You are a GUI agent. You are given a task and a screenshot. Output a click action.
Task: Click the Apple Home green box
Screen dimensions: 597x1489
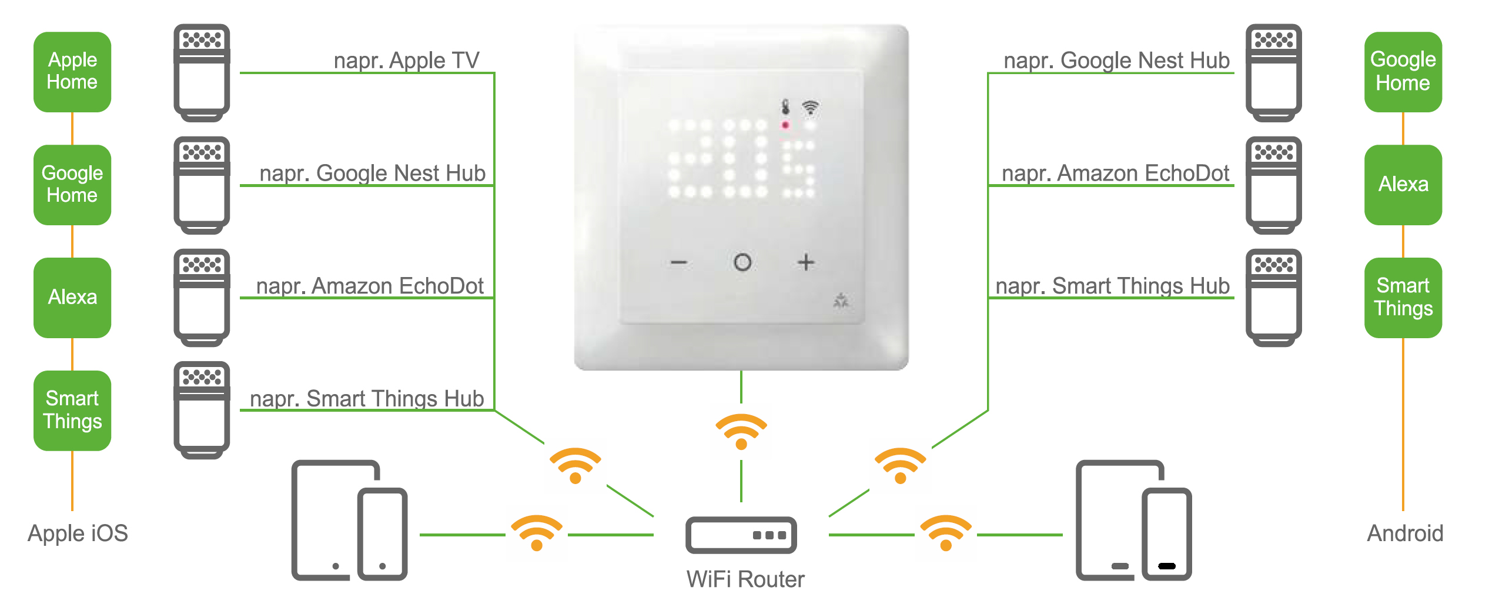pos(72,72)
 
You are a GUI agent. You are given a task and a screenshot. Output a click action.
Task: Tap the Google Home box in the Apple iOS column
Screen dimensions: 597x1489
pos(72,185)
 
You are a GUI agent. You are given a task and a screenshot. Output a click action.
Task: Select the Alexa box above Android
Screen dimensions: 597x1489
pos(1403,185)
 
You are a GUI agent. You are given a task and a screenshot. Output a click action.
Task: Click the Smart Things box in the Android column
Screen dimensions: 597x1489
pos(1403,298)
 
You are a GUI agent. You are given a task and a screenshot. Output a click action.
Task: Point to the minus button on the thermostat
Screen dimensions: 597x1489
pos(679,262)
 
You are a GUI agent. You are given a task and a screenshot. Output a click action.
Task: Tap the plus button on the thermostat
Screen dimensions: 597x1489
pos(806,262)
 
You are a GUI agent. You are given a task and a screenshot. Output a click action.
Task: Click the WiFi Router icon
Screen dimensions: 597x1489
pos(741,535)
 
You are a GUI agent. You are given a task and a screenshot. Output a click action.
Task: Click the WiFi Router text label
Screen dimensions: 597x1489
pos(745,579)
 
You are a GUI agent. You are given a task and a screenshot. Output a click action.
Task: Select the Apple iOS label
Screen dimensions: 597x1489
pos(78,533)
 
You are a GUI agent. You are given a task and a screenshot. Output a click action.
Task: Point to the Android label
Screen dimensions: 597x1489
pos(1405,533)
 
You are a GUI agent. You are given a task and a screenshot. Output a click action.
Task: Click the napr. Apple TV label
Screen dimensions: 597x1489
pos(406,60)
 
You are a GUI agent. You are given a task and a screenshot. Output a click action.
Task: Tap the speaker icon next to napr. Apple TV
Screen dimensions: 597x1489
pos(202,72)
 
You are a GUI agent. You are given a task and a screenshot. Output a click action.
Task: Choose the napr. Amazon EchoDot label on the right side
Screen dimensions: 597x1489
pos(1115,173)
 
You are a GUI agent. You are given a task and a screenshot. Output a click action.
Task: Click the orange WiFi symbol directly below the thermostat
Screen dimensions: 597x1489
pos(741,431)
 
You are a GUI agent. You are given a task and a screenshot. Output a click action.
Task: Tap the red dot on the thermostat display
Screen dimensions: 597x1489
pos(785,125)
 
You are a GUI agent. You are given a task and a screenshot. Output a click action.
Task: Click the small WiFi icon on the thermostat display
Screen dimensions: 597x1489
pos(811,107)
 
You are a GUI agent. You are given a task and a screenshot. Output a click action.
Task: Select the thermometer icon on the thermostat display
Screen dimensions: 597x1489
pos(785,107)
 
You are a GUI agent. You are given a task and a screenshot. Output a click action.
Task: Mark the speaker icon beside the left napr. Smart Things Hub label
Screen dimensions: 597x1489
pos(202,410)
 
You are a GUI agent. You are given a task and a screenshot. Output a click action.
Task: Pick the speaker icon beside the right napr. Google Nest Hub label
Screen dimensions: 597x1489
pos(1273,72)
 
